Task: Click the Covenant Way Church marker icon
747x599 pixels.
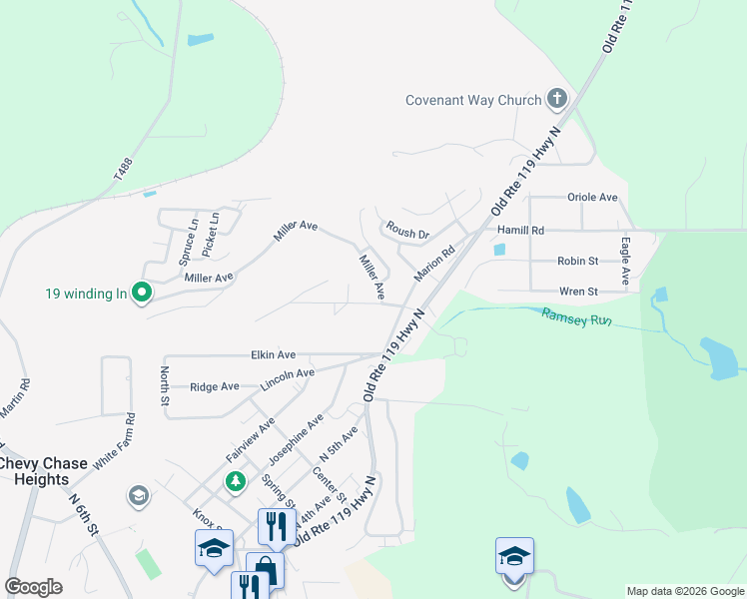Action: (557, 99)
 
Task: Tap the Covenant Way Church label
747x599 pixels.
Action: (473, 100)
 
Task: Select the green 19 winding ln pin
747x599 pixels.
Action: (142, 294)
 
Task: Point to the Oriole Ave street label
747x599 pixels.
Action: (592, 198)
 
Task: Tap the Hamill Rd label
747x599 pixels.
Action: (520, 230)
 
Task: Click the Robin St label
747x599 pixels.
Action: (577, 261)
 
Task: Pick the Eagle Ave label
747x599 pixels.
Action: (625, 260)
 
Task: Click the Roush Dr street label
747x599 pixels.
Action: (407, 233)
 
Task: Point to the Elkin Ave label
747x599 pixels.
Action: (273, 354)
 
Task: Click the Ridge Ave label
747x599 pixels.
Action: (215, 386)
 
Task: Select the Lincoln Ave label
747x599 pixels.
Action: (287, 379)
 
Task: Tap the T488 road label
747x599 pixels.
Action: (123, 168)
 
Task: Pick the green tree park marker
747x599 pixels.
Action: (236, 483)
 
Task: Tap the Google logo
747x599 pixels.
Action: (33, 587)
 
